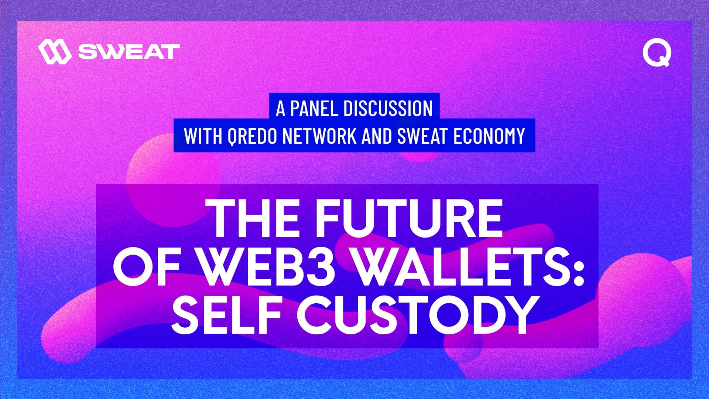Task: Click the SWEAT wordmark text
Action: tap(129, 52)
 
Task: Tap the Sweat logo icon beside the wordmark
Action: tap(55, 52)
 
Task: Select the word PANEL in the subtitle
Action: tap(314, 108)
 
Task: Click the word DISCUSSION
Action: tap(388, 108)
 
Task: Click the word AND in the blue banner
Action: tap(377, 136)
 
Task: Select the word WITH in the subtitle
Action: tap(203, 136)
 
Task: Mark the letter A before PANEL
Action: tap(281, 108)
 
